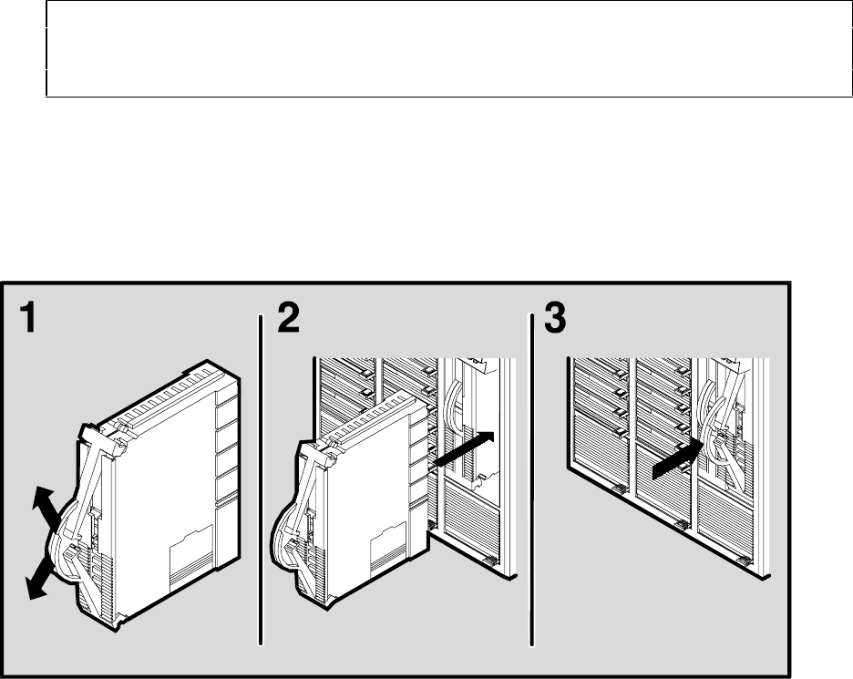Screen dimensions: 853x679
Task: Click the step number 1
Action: point(27,318)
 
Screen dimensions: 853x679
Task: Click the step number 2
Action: point(288,318)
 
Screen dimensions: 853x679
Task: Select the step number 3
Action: point(555,318)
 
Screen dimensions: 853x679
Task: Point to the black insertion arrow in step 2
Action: point(464,448)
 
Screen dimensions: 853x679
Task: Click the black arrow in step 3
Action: point(678,459)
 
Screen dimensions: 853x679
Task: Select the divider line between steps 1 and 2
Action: point(262,480)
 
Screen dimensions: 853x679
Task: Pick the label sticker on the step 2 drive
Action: point(388,550)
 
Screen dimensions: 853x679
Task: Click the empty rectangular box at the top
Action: point(449,49)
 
